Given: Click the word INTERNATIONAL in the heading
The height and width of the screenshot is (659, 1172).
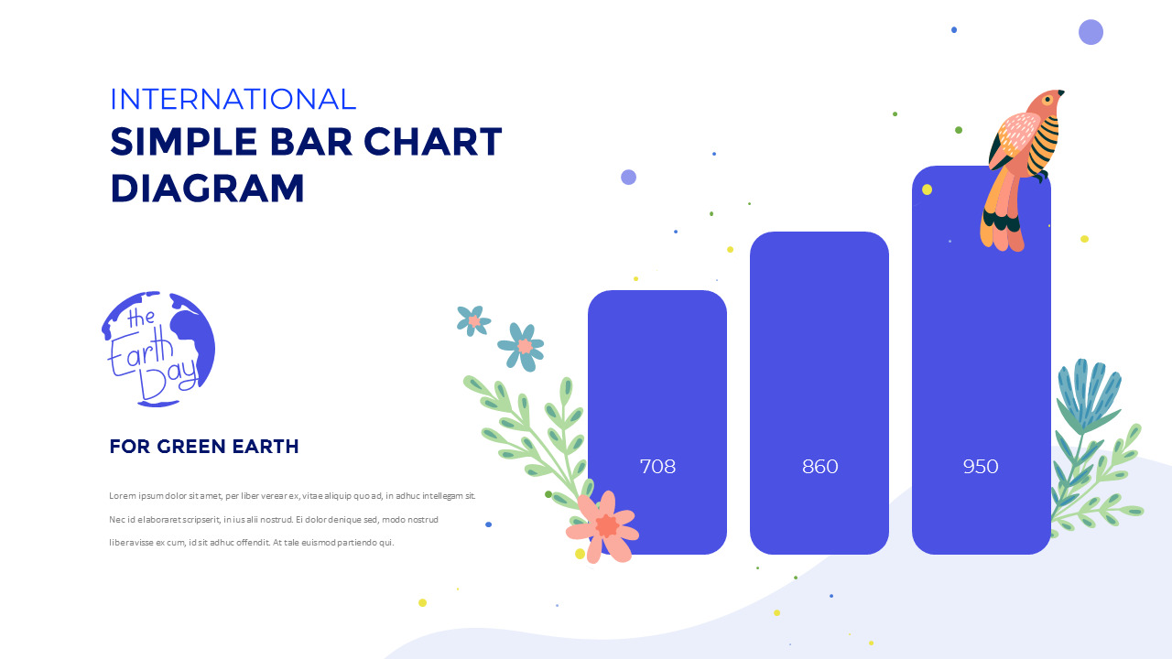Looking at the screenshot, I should (x=233, y=99).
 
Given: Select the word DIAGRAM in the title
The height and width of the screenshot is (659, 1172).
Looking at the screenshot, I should (x=207, y=189).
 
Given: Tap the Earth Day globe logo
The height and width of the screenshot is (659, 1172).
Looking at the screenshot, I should (x=159, y=349).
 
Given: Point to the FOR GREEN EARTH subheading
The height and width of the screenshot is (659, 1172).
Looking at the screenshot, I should (x=203, y=447).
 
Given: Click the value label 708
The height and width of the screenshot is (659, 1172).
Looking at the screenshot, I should (x=657, y=467).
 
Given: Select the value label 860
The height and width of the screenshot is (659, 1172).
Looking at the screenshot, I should (x=819, y=467).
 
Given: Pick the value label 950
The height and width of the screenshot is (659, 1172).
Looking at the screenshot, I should (x=981, y=467).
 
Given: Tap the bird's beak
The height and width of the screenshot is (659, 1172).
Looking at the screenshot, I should (x=1061, y=92).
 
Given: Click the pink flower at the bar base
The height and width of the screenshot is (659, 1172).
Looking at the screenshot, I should (x=603, y=526).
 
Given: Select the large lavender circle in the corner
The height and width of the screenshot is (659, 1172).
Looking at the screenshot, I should (x=1091, y=32).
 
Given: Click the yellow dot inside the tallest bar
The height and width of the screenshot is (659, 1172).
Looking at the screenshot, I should (x=927, y=189).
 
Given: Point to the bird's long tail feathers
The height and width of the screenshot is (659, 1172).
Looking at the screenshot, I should (x=1003, y=215).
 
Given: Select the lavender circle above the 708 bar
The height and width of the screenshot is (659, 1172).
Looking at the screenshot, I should (x=628, y=177).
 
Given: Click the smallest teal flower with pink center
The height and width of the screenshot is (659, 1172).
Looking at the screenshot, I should (x=473, y=320).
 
